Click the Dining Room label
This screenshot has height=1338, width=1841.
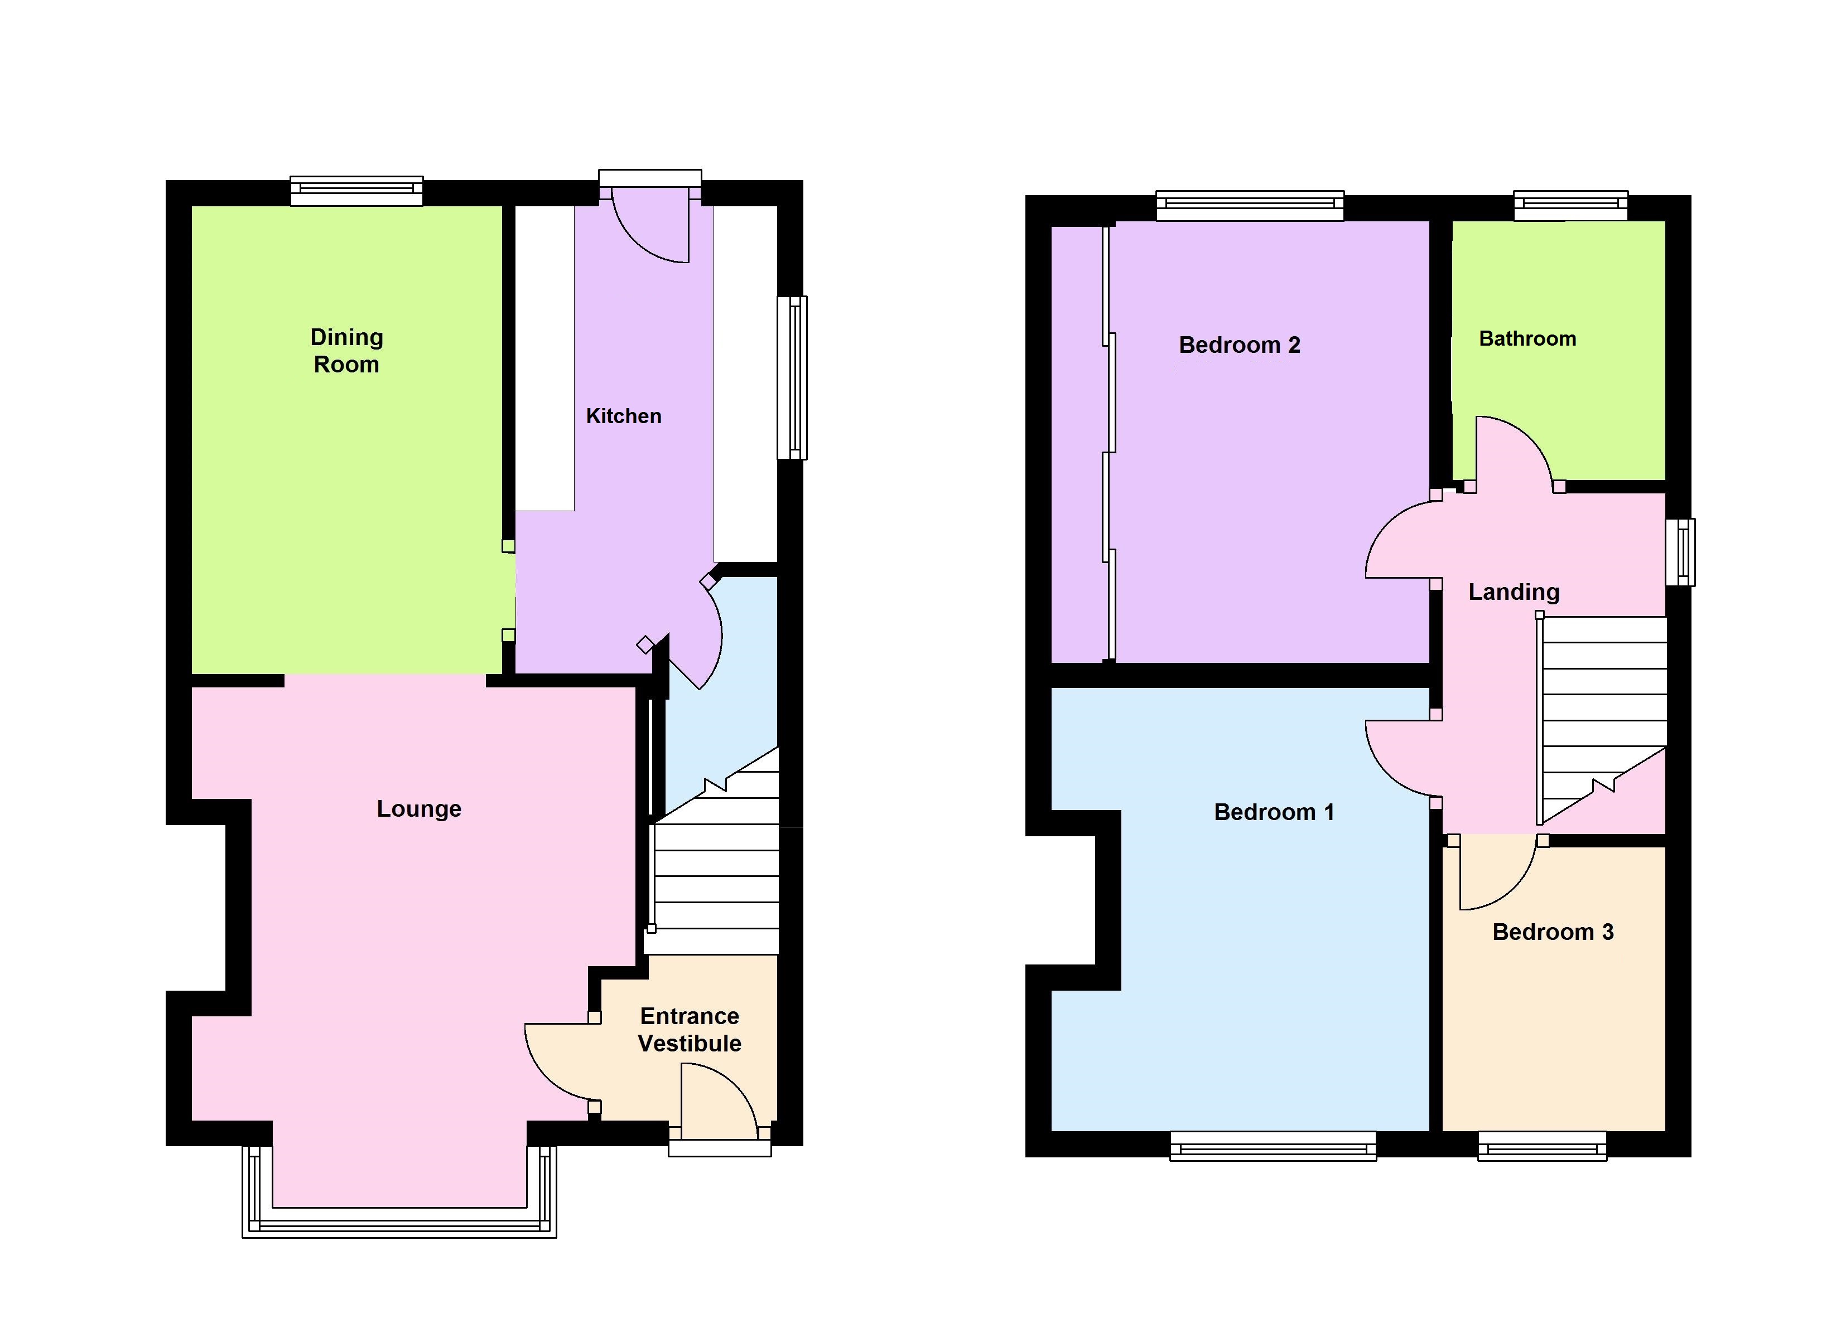click(x=346, y=351)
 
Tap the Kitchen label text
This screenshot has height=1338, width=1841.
click(x=623, y=416)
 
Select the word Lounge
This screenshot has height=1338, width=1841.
click(x=419, y=809)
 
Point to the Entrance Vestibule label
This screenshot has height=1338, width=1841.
click(x=689, y=1030)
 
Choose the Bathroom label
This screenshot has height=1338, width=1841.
click(x=1527, y=339)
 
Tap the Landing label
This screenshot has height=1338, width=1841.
click(x=1513, y=592)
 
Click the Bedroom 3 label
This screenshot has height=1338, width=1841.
click(x=1552, y=932)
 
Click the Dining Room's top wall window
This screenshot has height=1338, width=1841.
click(x=357, y=190)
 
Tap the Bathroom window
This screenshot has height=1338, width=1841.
click(x=1570, y=205)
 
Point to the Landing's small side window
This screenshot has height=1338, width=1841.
click(x=1679, y=552)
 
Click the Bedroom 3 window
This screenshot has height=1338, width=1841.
click(x=1541, y=1147)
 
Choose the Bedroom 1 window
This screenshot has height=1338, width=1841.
click(x=1272, y=1147)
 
